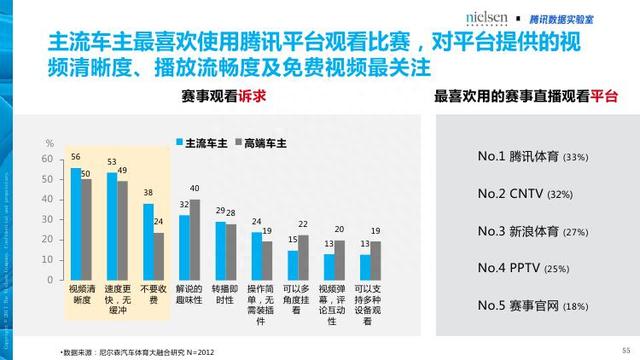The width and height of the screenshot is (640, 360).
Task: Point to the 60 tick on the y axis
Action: click(x=47, y=159)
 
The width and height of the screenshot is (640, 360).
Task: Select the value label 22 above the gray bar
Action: click(x=303, y=224)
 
